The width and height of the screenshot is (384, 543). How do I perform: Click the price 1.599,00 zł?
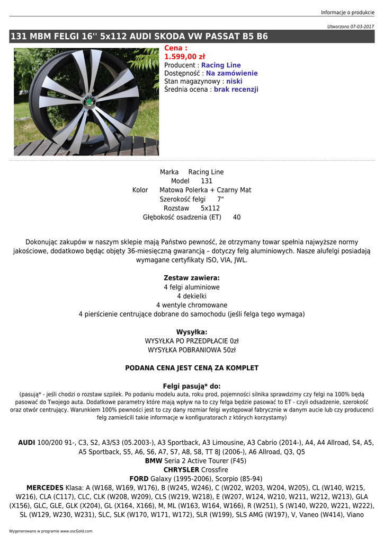click(184, 57)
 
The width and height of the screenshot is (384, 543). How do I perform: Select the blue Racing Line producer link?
click(221, 65)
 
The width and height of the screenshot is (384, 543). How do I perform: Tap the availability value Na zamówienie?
click(231, 73)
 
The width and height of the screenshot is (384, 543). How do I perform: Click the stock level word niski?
click(234, 82)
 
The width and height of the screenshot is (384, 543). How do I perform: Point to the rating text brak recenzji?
click(236, 90)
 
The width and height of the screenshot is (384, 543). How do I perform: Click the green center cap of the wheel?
click(87, 102)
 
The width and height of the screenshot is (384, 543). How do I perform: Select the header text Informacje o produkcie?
click(347, 13)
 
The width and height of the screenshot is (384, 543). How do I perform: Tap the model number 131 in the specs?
click(207, 181)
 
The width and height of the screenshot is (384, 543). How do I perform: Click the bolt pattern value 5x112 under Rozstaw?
click(210, 208)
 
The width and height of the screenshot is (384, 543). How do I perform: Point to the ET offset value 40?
click(236, 217)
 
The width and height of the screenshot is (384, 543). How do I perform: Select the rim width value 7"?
click(220, 199)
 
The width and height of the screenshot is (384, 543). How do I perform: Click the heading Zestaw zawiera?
click(192, 278)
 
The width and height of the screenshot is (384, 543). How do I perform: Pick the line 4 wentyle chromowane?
click(192, 305)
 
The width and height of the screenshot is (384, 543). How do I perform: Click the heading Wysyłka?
click(192, 332)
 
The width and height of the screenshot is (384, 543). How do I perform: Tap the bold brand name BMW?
click(154, 461)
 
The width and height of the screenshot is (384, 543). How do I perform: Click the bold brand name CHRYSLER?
click(181, 470)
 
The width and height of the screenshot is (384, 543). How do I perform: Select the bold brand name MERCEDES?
click(44, 488)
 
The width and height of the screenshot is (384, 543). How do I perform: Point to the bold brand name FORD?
click(139, 479)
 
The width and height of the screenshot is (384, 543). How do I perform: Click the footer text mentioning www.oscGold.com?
click(50, 531)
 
